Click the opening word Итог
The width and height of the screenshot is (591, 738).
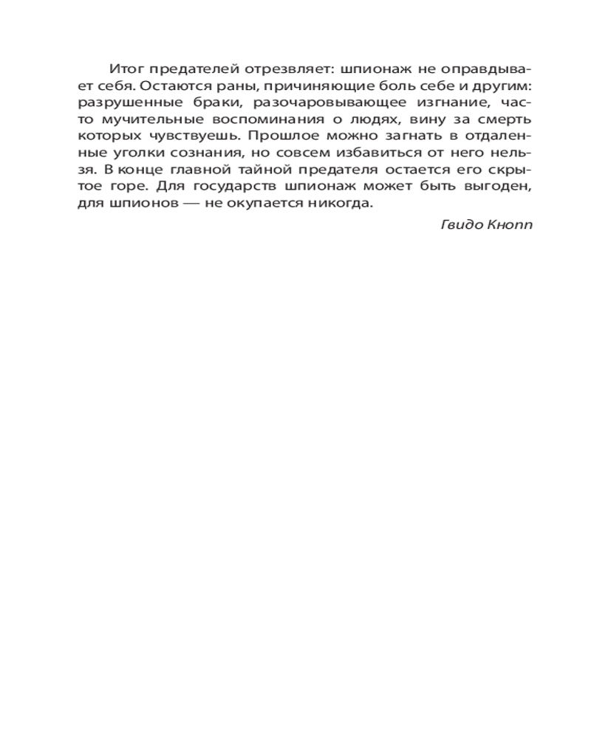pos(123,69)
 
